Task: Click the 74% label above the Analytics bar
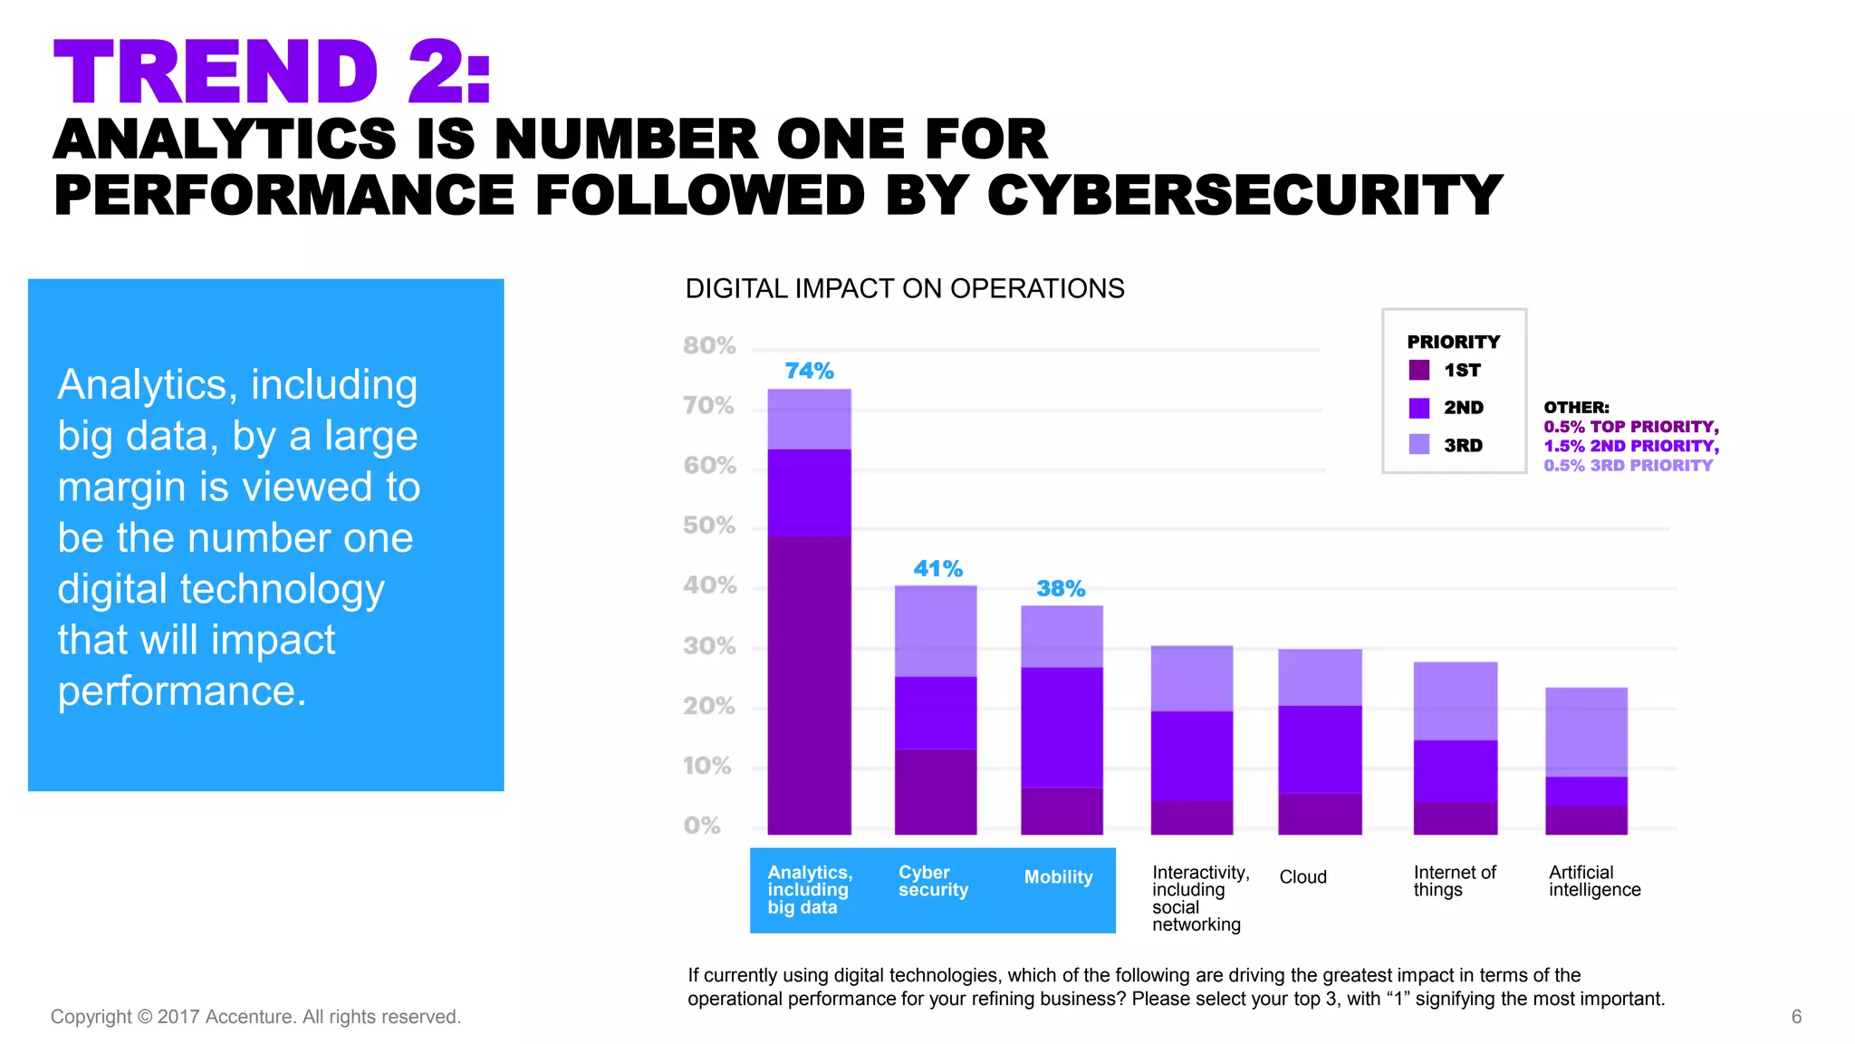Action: (809, 371)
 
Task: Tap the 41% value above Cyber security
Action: (937, 569)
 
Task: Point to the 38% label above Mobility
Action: (1061, 589)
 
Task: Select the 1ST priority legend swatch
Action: (1419, 370)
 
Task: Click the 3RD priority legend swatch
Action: (1419, 444)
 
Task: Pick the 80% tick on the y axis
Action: (709, 346)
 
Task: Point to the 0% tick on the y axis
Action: (702, 826)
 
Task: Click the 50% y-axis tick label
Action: (709, 526)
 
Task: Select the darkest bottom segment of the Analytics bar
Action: (809, 684)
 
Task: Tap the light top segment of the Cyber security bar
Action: (936, 631)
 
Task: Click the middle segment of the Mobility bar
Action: (1062, 727)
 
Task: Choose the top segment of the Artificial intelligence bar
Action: (1586, 731)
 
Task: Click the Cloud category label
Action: (1302, 877)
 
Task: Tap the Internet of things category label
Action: (1454, 881)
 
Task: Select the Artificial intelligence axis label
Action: (1594, 881)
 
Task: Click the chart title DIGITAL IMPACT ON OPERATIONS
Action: (904, 289)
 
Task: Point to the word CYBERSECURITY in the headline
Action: (1245, 196)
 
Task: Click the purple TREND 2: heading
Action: (272, 72)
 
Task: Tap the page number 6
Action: (1796, 1017)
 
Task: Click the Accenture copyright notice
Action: (255, 1017)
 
